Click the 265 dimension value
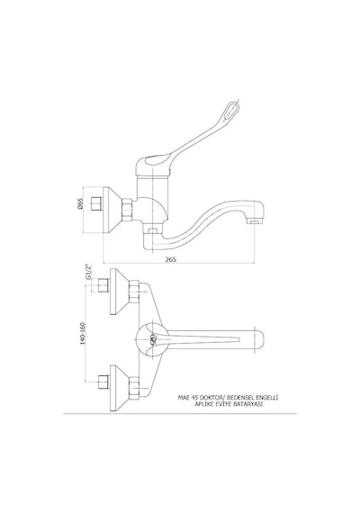click(x=170, y=259)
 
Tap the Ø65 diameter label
click(x=81, y=203)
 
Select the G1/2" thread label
click(x=87, y=271)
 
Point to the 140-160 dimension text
click(x=83, y=333)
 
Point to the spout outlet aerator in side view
click(x=254, y=222)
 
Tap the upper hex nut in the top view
click(x=134, y=291)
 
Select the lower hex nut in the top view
click(x=134, y=387)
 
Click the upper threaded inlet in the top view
click(x=103, y=285)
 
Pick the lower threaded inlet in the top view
click(x=103, y=382)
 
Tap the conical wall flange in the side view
click(x=112, y=210)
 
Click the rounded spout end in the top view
click(x=258, y=339)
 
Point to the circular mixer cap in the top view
click(x=150, y=340)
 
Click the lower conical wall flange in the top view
click(x=120, y=388)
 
